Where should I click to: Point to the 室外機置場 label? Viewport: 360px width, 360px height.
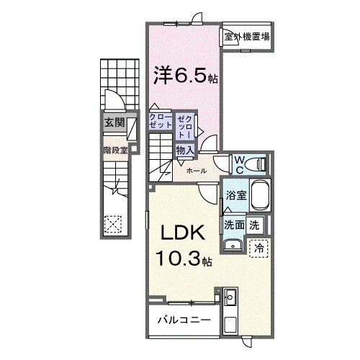tap(246, 37)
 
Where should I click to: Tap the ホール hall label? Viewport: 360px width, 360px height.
tap(196, 171)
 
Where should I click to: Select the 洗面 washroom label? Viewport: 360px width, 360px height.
tap(233, 225)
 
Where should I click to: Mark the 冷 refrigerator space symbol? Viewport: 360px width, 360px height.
tap(259, 246)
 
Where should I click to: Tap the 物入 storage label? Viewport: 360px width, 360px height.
tap(184, 150)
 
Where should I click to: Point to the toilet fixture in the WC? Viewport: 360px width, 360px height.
tap(257, 165)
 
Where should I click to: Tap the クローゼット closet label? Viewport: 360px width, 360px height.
tap(161, 120)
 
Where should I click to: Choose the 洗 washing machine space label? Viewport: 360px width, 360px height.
tap(253, 225)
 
